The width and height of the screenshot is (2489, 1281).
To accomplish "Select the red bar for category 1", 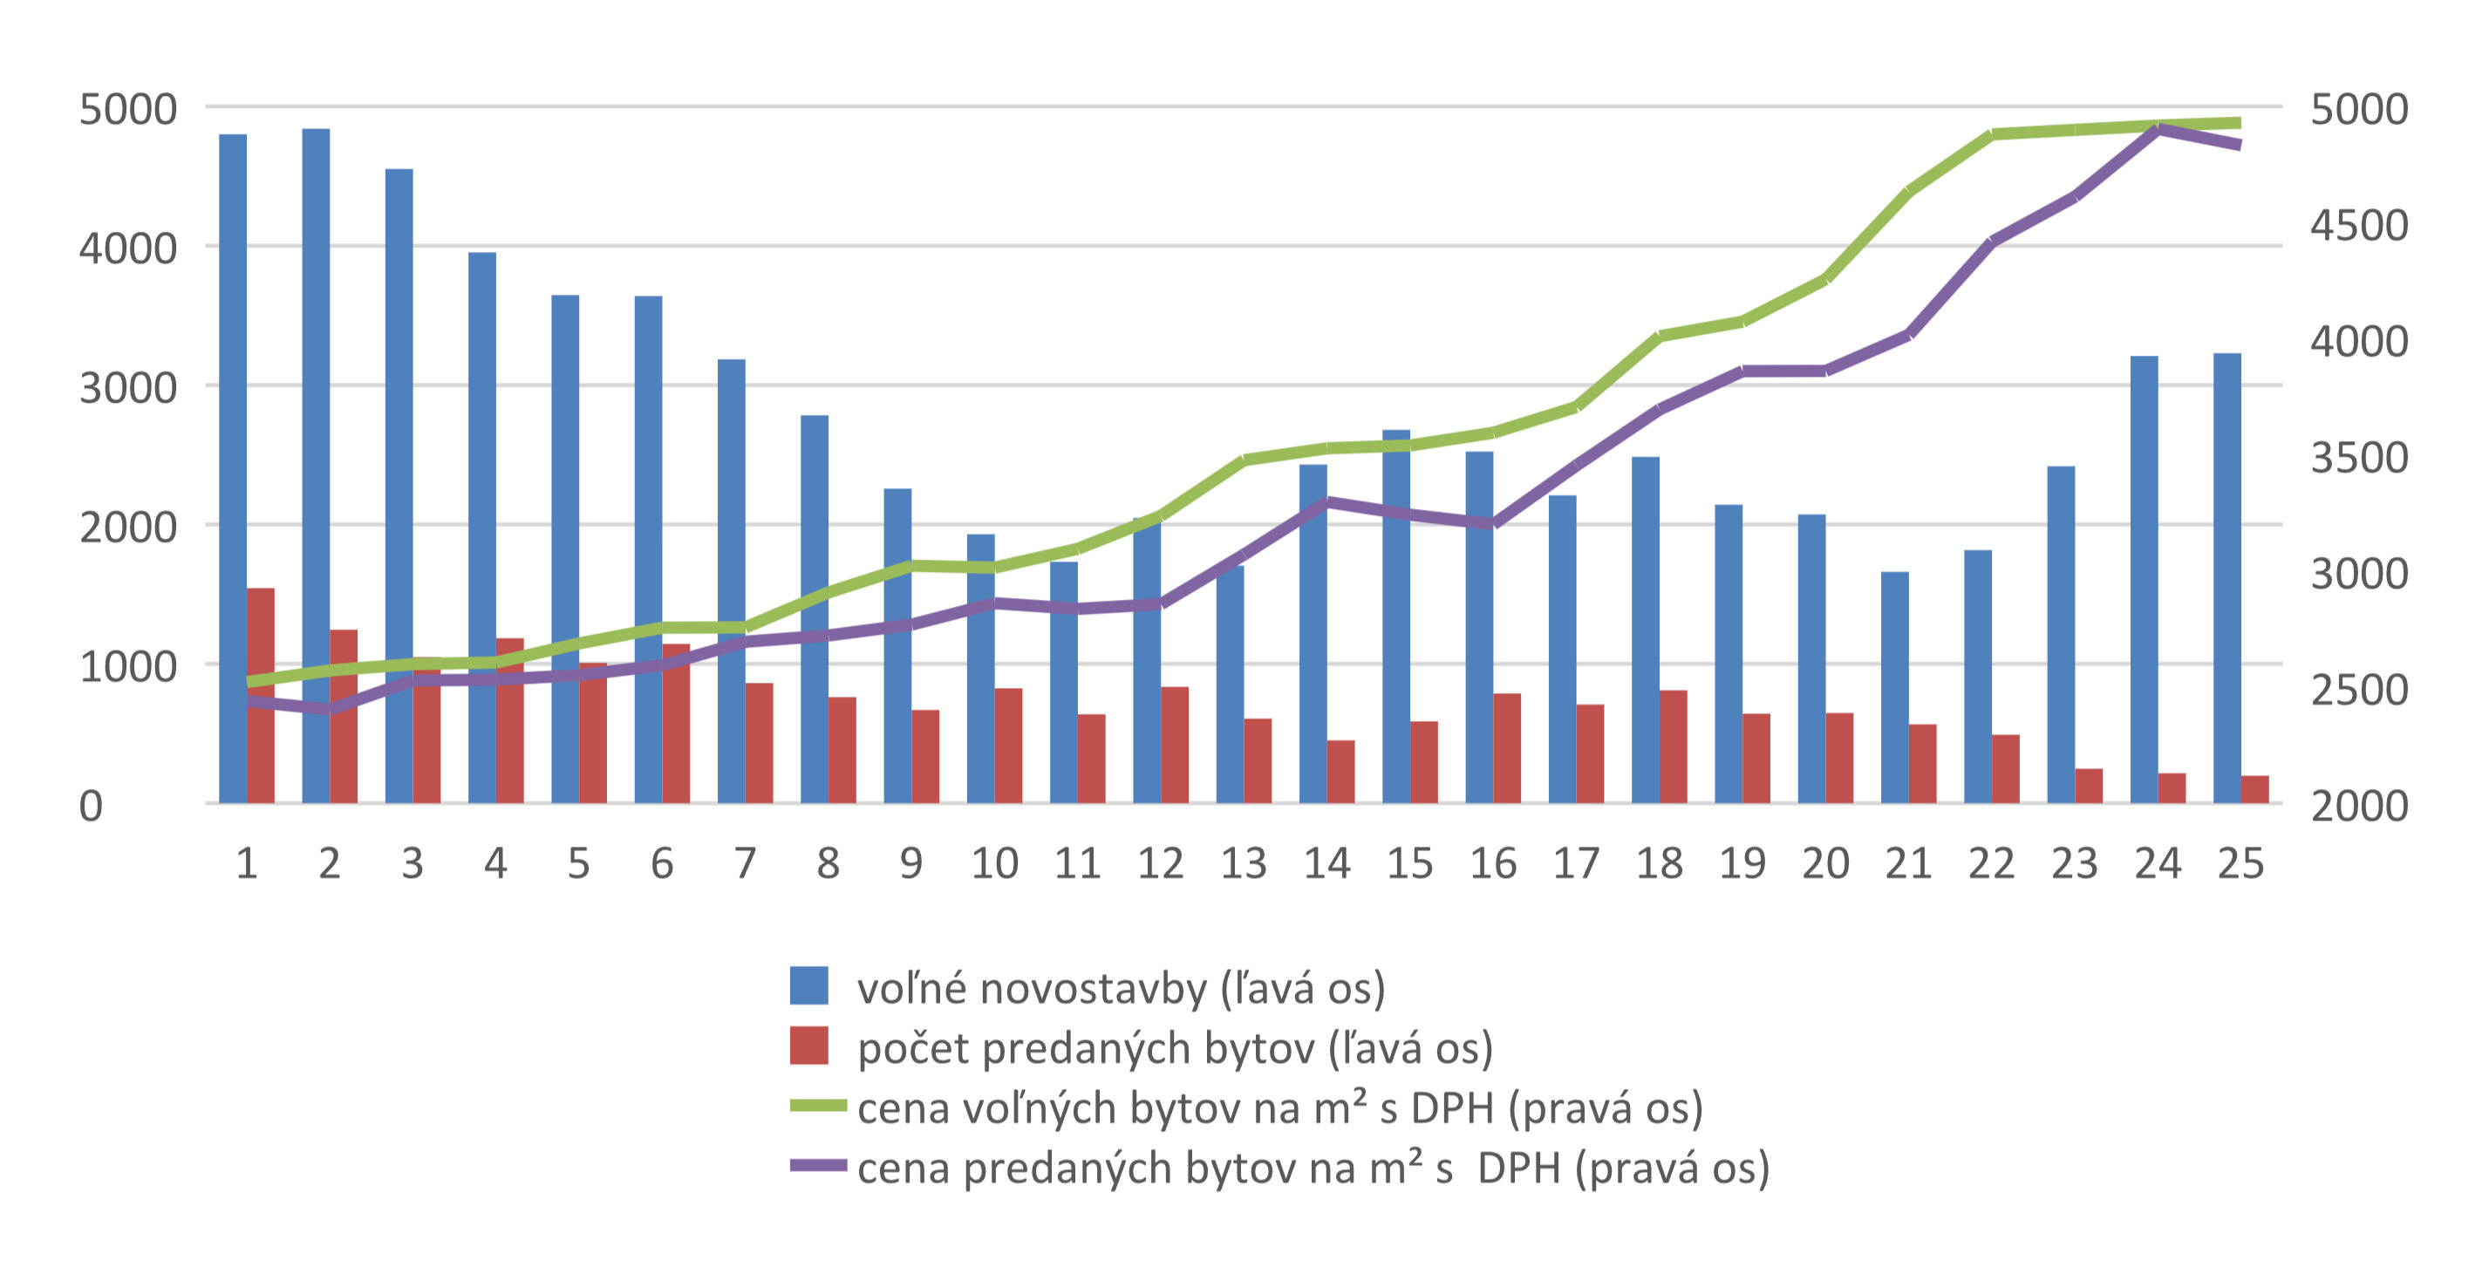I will click(x=261, y=696).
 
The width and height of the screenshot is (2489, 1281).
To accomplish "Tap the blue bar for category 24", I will click(x=2143, y=580).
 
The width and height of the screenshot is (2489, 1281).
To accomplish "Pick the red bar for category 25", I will click(x=2255, y=789).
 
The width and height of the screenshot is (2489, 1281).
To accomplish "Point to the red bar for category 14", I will click(x=1341, y=772).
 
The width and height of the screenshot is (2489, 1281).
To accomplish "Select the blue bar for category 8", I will click(x=815, y=609).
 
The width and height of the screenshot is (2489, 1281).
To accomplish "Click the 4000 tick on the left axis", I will click(x=127, y=249).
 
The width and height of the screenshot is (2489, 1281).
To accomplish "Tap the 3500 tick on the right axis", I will click(x=2358, y=458).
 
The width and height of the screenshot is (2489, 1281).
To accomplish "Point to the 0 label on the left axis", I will click(x=91, y=806).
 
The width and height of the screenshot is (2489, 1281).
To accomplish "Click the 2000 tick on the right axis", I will click(x=2358, y=806).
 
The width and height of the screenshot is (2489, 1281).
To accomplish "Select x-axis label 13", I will click(x=1244, y=862).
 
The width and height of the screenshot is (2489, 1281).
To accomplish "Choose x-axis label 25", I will click(x=2240, y=862).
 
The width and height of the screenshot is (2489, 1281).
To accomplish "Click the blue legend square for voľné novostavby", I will click(x=808, y=985).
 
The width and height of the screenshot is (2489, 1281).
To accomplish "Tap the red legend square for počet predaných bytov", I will click(x=808, y=1046).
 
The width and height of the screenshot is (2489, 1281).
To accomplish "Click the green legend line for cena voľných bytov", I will click(x=817, y=1106).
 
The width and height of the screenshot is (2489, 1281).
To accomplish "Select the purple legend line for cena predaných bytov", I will click(x=817, y=1166).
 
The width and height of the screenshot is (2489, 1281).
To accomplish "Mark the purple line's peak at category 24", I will click(x=2158, y=128).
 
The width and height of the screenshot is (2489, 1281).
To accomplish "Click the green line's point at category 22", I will click(x=1991, y=134).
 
